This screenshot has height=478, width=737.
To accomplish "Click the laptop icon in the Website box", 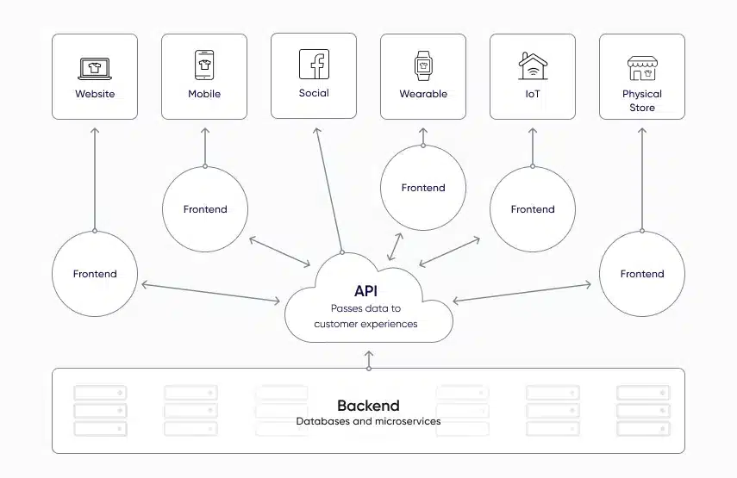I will click(95, 68).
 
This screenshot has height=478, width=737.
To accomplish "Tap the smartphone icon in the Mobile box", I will click(204, 65).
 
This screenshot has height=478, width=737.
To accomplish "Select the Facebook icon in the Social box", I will click(314, 65).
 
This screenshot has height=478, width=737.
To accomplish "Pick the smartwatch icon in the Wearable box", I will click(423, 65).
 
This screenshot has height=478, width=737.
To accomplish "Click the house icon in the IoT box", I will click(533, 66).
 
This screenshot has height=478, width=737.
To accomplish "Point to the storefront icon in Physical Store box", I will click(642, 68).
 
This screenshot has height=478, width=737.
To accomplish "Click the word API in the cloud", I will click(365, 291).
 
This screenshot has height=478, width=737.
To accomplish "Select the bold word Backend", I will click(368, 406).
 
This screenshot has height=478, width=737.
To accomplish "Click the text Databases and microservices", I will click(368, 422).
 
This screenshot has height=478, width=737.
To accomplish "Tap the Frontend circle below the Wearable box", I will click(423, 188).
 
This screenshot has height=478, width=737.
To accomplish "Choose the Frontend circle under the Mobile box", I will click(205, 209).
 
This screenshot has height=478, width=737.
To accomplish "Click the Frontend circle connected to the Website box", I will click(95, 274).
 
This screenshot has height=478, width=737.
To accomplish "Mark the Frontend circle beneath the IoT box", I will click(533, 209).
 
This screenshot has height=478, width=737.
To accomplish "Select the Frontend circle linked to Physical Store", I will click(642, 274).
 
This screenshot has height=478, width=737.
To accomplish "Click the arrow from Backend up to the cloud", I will click(369, 360).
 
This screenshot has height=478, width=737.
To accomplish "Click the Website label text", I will click(95, 94).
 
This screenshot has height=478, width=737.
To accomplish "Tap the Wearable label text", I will click(423, 94).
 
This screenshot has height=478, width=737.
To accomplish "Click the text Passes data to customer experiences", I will click(365, 316).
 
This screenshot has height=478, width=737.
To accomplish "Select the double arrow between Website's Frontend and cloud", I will click(210, 291).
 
